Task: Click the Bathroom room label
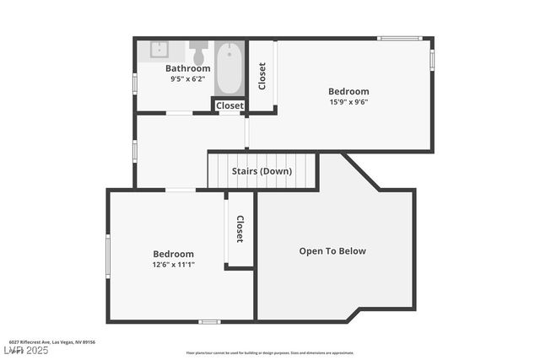tap(187, 68)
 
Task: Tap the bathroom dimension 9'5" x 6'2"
tap(187, 78)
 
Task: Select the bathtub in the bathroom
tap(229, 68)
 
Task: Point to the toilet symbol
tap(199, 52)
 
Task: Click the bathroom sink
tap(162, 50)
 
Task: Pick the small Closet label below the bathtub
tap(229, 106)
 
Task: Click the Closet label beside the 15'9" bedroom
tap(262, 76)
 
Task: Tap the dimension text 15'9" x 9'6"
tap(348, 102)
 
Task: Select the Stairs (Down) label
tap(262, 171)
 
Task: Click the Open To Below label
tap(332, 250)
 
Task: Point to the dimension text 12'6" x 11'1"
tap(173, 265)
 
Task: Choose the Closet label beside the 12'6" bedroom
tap(240, 229)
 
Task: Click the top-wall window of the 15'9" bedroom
tap(399, 38)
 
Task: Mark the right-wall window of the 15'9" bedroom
tap(432, 60)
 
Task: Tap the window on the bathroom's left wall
tap(135, 83)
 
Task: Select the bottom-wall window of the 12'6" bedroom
tap(209, 321)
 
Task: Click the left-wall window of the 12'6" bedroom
tap(107, 255)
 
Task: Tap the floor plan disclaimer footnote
tap(270, 353)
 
